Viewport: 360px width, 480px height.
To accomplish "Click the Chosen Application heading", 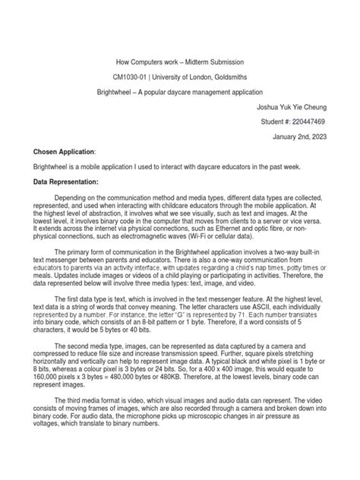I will point(64,152).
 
